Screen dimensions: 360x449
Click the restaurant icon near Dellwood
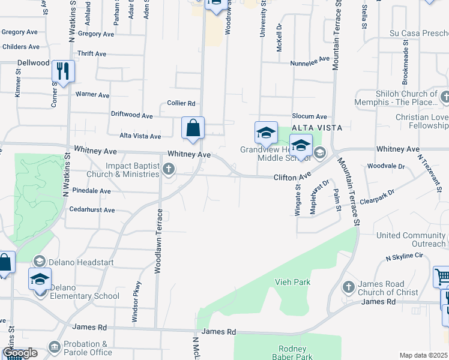[x=63, y=71]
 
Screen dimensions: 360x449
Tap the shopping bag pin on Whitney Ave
[x=193, y=128]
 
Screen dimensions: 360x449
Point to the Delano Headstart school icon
[x=39, y=261]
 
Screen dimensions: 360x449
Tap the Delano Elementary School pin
[x=40, y=279]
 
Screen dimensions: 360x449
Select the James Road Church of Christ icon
[x=348, y=287]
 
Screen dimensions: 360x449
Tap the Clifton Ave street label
[x=292, y=177]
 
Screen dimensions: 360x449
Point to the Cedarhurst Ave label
[x=92, y=210]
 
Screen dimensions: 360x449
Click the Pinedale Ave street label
[x=91, y=191]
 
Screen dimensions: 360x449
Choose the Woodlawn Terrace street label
[x=160, y=241]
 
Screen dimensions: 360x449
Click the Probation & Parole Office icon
[x=55, y=347]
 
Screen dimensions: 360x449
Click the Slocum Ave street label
[x=309, y=116]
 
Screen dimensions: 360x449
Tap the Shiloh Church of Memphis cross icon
[x=445, y=97]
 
